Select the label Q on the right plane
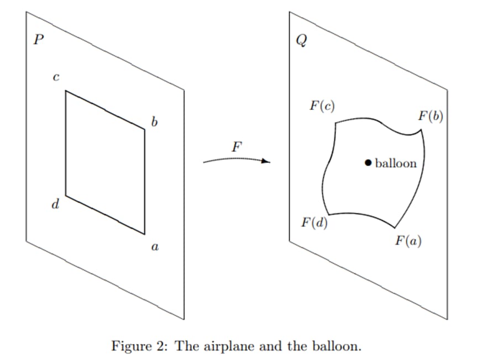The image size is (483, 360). pyautogui.click(x=301, y=43)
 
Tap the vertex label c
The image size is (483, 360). pyautogui.click(x=55, y=78)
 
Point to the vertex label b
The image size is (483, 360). pyautogui.click(x=154, y=121)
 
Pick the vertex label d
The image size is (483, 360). pyautogui.click(x=55, y=205)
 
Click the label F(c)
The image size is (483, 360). pyautogui.click(x=322, y=106)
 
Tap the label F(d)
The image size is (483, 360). pyautogui.click(x=314, y=223)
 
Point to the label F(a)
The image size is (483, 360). pyautogui.click(x=408, y=241)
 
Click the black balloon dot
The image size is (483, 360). pyautogui.click(x=368, y=162)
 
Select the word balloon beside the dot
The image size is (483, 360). pyautogui.click(x=396, y=163)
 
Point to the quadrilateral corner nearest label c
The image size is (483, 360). pyautogui.click(x=66, y=91)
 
